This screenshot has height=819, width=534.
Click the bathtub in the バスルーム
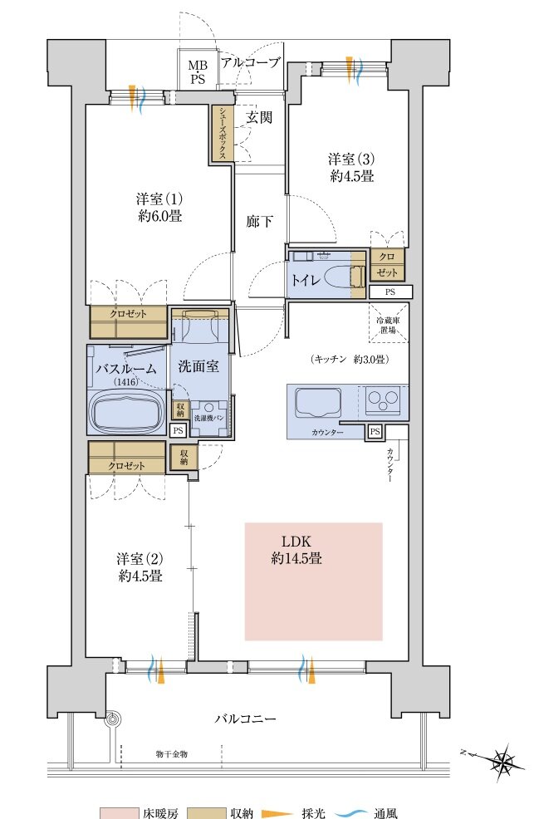click(x=125, y=410)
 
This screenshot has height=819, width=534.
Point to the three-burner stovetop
click(x=383, y=400)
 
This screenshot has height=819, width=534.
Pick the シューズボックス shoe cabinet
click(x=223, y=133)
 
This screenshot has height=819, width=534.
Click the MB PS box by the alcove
click(x=198, y=72)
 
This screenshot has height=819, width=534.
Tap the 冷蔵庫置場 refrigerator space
click(x=388, y=325)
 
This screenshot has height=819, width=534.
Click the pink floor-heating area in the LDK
click(x=314, y=581)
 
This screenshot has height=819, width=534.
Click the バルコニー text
click(x=245, y=719)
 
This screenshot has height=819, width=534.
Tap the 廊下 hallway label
click(x=259, y=222)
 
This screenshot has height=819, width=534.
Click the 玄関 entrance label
click(x=259, y=117)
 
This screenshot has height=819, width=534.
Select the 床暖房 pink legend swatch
click(x=119, y=812)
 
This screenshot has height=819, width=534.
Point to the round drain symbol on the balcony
click(x=112, y=720)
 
